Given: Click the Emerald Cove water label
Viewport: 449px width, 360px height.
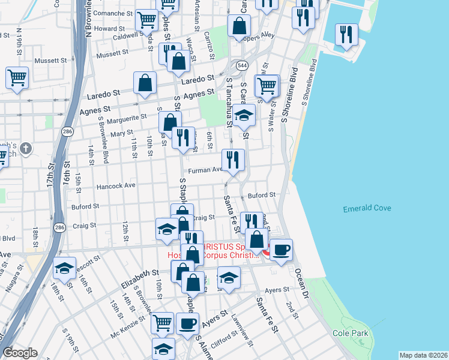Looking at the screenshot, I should [x=367, y=209].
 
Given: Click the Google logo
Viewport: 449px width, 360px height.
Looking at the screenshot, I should [x=20, y=353].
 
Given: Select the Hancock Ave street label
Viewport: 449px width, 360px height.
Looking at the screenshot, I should [x=116, y=186].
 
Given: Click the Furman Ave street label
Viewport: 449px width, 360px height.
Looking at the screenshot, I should [x=206, y=170].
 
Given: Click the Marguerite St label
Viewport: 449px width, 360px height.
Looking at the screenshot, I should [x=128, y=118].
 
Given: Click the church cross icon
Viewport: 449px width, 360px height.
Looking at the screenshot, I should [x=26, y=148].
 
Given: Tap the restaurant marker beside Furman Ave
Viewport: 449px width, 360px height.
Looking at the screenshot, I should [x=232, y=160].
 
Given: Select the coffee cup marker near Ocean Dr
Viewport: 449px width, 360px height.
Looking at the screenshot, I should [x=280, y=250].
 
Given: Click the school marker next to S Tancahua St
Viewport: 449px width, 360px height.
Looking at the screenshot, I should [x=244, y=115].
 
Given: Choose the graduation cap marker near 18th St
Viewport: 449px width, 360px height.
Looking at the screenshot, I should [x=64, y=269].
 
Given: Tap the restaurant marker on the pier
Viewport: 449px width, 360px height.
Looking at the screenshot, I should [x=346, y=34].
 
